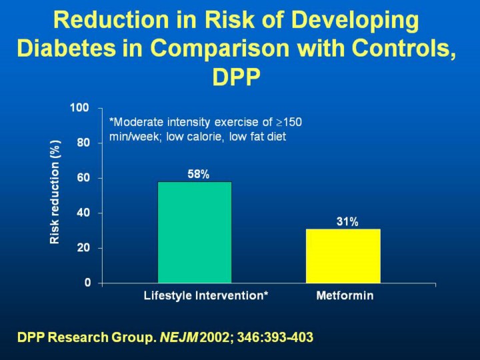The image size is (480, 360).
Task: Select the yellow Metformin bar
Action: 343,256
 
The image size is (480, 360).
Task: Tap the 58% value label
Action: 198,175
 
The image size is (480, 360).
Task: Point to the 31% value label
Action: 347,222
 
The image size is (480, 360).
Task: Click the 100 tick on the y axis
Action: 80,108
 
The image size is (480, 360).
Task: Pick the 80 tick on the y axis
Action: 83,143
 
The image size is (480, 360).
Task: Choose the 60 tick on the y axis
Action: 83,178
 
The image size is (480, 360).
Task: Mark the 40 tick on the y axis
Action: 83,213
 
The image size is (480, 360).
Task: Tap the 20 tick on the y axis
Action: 83,248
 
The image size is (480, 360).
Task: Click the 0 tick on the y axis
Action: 87,283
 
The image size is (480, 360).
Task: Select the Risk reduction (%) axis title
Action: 55,192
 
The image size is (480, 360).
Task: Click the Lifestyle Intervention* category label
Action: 206,296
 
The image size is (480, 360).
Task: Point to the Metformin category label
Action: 345,296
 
